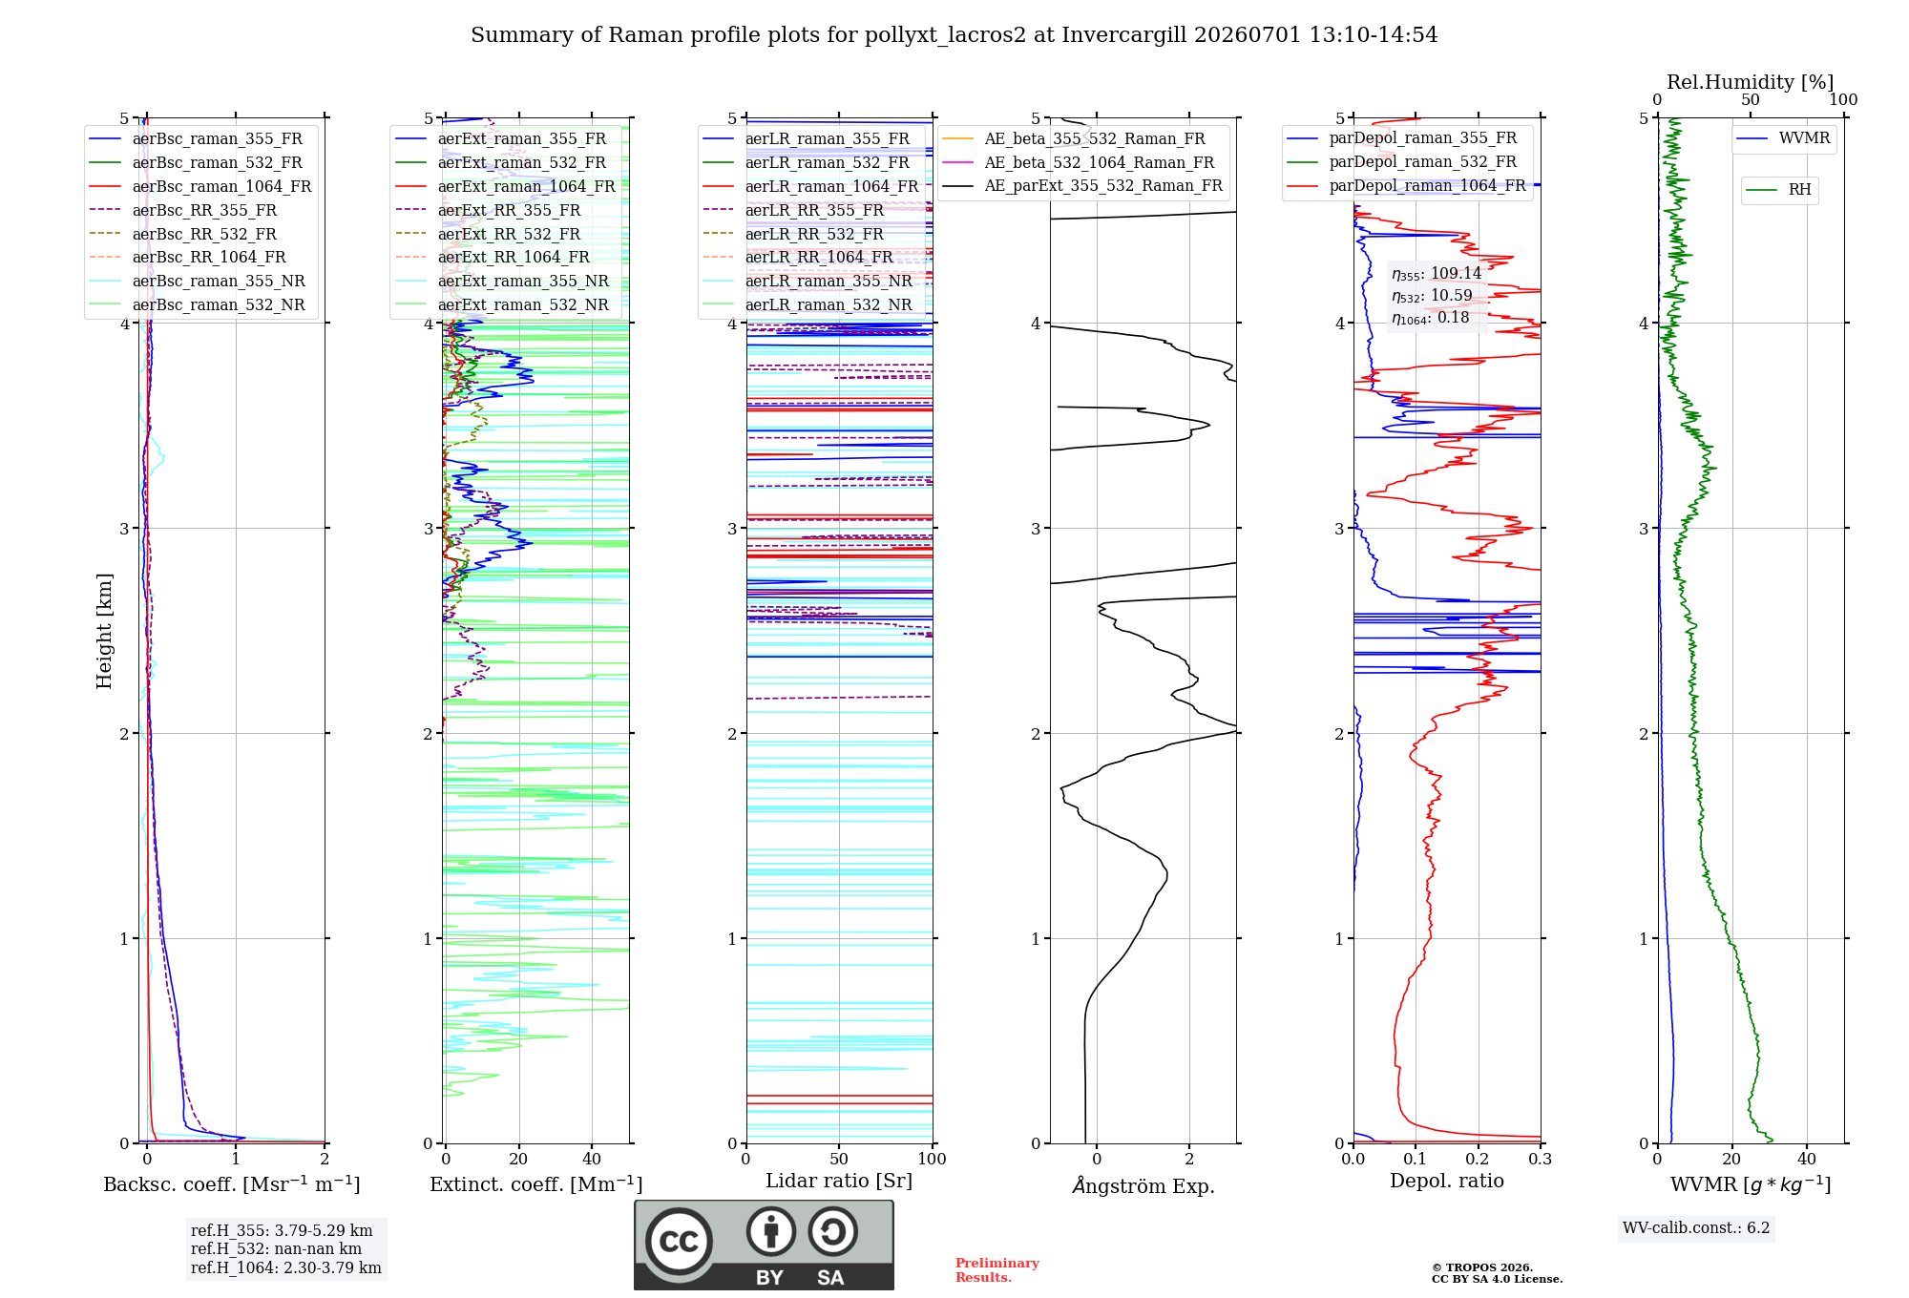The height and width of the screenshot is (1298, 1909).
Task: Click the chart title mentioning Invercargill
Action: [x=954, y=35]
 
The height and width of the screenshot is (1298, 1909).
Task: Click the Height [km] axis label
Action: [x=104, y=631]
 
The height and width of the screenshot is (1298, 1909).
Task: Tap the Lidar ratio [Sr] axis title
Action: [x=839, y=1181]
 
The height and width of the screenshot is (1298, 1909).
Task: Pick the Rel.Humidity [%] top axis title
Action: [x=1751, y=82]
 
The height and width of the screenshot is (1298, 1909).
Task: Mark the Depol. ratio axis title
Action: [x=1447, y=1181]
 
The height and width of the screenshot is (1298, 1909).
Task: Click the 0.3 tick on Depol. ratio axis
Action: [x=1540, y=1159]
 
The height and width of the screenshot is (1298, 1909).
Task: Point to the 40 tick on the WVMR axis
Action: [x=1807, y=1159]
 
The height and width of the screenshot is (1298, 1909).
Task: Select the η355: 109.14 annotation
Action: [x=1437, y=274]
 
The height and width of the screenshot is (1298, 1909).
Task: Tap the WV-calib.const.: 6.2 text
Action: [x=1696, y=1228]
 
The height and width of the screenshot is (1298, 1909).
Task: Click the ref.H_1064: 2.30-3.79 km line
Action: [x=286, y=1268]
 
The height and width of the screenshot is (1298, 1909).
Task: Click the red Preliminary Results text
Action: [x=997, y=1270]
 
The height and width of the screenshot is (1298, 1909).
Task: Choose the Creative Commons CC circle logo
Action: [x=679, y=1242]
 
